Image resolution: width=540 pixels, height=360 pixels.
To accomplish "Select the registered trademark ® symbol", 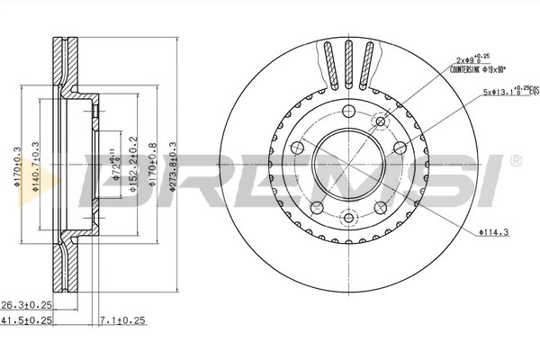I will tap(514, 161).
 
